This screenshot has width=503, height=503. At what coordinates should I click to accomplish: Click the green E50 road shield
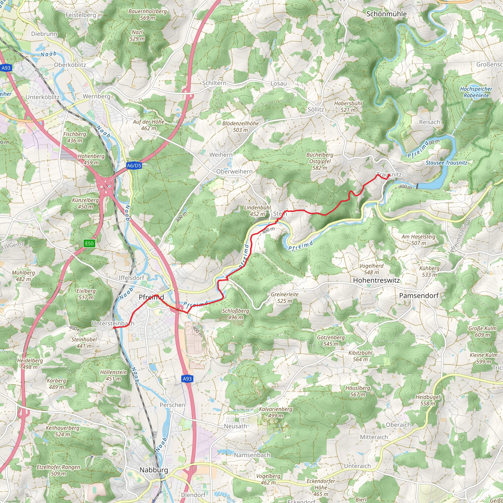[x=89, y=243]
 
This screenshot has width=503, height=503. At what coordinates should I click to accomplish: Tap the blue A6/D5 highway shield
[x=134, y=166]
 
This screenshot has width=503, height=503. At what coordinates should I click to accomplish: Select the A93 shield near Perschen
[x=187, y=378]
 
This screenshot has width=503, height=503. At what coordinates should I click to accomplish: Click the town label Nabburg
[x=154, y=470]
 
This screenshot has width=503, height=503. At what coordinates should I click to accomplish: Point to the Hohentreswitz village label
[x=376, y=280]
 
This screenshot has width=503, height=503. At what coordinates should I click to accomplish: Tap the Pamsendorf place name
[x=419, y=295]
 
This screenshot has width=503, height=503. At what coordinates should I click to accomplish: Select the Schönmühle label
[x=386, y=14]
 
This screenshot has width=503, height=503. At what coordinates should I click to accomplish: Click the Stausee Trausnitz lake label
[x=447, y=163]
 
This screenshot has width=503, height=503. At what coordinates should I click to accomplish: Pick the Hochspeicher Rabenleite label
[x=476, y=92]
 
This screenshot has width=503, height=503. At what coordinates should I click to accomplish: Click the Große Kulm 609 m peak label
[x=482, y=331]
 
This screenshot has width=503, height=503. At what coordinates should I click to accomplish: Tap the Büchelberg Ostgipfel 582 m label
[x=320, y=161]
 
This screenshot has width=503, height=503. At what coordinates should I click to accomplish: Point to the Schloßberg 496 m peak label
[x=235, y=314]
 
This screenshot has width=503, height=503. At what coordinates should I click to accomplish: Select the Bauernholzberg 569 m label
[x=147, y=14]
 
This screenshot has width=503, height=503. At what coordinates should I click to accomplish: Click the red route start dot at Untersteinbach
[x=114, y=328]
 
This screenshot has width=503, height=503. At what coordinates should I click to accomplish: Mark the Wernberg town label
[x=97, y=96]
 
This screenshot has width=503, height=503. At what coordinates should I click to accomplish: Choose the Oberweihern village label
[x=234, y=171]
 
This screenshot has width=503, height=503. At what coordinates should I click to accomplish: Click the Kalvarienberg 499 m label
[x=276, y=412]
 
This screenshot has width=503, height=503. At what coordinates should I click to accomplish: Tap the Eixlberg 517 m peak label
[x=86, y=294]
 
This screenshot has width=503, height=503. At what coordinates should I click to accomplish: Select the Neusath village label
[x=235, y=426]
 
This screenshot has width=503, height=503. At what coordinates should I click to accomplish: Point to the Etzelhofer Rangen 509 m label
[x=58, y=470]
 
